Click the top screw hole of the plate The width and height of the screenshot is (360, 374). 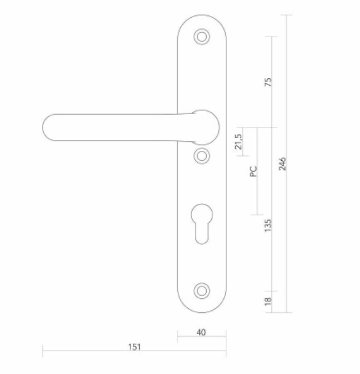tap(201, 37)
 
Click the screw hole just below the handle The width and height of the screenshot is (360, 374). tap(201, 156)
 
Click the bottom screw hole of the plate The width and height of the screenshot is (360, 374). tap(201, 290)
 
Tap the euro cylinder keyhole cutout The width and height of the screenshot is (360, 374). tap(202, 222)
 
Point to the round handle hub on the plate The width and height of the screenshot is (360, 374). tap(202, 126)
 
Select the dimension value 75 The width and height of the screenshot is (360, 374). tap(268, 81)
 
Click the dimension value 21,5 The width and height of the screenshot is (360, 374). tap(239, 142)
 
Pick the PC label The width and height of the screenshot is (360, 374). tap(253, 171)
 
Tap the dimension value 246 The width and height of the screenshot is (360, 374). tap(283, 163)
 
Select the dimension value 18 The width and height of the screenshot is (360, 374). tap(268, 301)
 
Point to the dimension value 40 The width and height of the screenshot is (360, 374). tap(201, 332)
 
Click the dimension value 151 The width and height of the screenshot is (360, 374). tap(134, 347)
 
